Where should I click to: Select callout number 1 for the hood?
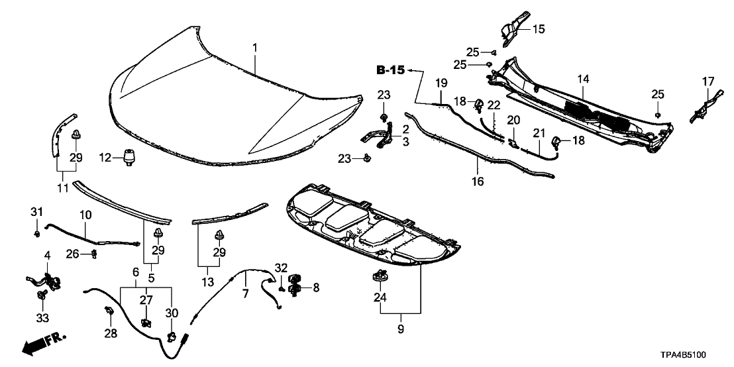tap(255, 48)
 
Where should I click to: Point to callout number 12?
tap(104, 157)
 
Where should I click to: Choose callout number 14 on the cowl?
tap(582, 79)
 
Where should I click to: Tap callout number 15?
tap(538, 28)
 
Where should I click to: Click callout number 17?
tap(708, 81)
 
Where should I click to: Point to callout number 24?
tap(380, 298)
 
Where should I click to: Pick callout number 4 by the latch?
tap(47, 256)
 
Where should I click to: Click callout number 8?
tap(315, 288)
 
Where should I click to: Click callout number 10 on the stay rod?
tap(85, 215)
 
